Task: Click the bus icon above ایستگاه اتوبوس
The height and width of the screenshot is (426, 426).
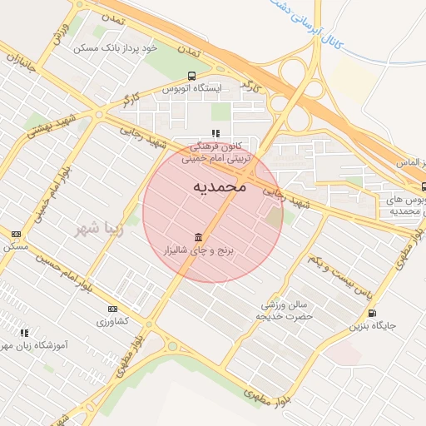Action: point(193,75)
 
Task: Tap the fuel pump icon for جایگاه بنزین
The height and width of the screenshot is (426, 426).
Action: point(371,313)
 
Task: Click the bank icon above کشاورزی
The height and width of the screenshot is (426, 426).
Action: point(112,309)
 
